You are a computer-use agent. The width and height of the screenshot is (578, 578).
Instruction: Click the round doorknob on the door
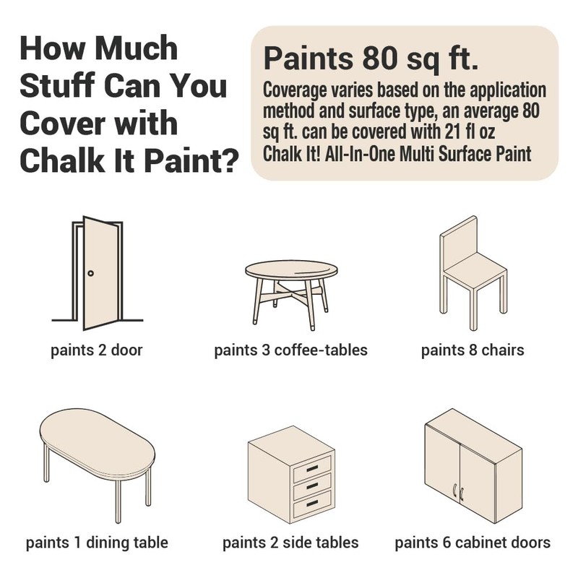[x=91, y=273]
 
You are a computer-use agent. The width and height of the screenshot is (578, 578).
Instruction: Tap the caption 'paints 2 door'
[x=97, y=350]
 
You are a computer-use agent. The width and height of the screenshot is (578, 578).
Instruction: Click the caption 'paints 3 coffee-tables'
[x=291, y=350]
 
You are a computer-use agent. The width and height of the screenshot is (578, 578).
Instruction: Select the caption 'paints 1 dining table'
[x=97, y=543]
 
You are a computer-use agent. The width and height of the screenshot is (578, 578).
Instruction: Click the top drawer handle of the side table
[x=312, y=468]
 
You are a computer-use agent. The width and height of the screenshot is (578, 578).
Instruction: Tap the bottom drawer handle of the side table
[x=312, y=503]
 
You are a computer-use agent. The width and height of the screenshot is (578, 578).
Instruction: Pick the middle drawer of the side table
[x=312, y=486]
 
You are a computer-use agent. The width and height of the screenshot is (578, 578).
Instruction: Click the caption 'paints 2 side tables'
[x=290, y=543]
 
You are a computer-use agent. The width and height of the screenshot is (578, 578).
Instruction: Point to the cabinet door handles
[x=458, y=493]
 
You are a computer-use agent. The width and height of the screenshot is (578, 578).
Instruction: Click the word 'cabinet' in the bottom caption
[x=480, y=543]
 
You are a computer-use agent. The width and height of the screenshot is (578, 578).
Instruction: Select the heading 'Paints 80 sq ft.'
[x=371, y=59]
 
